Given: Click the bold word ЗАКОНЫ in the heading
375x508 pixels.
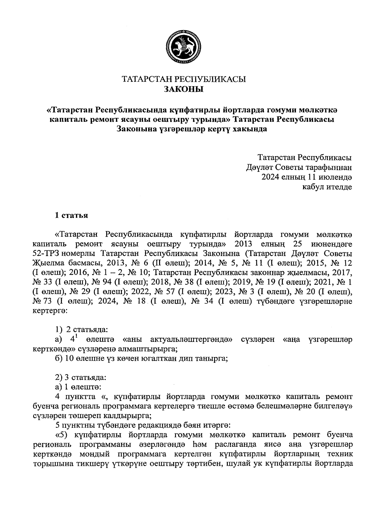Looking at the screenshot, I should [184, 90].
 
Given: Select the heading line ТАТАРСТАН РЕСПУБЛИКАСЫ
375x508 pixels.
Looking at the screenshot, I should [184, 79].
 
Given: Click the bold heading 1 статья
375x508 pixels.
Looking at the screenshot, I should [71, 215].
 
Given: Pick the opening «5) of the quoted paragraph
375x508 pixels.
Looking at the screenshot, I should [61, 435].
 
